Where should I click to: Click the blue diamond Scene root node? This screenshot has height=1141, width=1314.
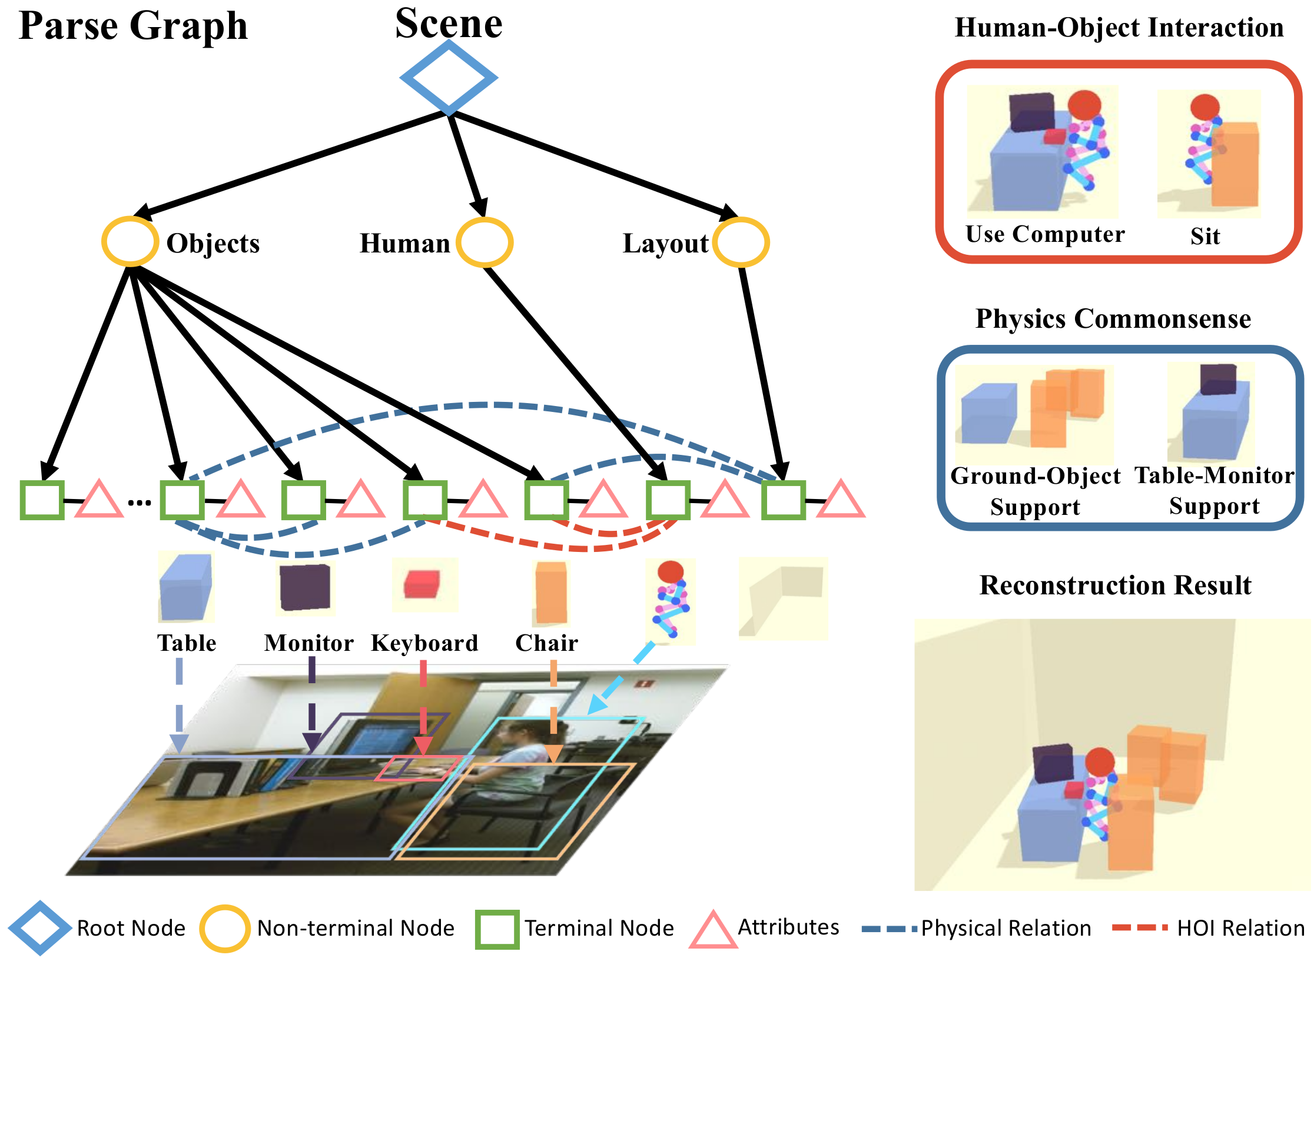pyautogui.click(x=449, y=78)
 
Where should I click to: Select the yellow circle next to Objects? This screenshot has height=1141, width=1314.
pyautogui.click(x=131, y=242)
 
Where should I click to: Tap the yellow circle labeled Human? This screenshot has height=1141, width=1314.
pyautogui.click(x=485, y=242)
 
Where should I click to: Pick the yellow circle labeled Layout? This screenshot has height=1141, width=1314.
pyautogui.click(x=741, y=242)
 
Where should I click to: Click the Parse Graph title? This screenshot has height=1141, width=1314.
pyautogui.click(x=133, y=26)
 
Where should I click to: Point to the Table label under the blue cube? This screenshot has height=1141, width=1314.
pyautogui.click(x=187, y=643)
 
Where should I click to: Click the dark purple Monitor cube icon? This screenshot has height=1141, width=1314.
pyautogui.click(x=305, y=587)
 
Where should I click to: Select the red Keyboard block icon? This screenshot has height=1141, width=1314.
pyautogui.click(x=422, y=584)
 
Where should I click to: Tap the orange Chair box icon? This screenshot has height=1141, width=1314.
pyautogui.click(x=551, y=592)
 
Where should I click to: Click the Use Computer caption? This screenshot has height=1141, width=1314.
pyautogui.click(x=1044, y=234)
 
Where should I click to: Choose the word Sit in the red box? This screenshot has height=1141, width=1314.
pyautogui.click(x=1204, y=236)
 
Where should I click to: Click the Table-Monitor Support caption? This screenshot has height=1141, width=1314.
pyautogui.click(x=1214, y=490)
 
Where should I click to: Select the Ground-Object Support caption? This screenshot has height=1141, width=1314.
pyautogui.click(x=1035, y=491)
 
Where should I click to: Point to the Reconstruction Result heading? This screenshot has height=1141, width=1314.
pyautogui.click(x=1114, y=584)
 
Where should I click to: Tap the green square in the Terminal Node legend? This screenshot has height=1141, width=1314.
pyautogui.click(x=497, y=930)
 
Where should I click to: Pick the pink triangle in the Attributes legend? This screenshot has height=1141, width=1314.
pyautogui.click(x=713, y=932)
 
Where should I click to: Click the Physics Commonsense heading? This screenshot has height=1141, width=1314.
pyautogui.click(x=1113, y=318)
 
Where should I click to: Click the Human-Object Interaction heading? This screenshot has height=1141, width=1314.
pyautogui.click(x=1119, y=28)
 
